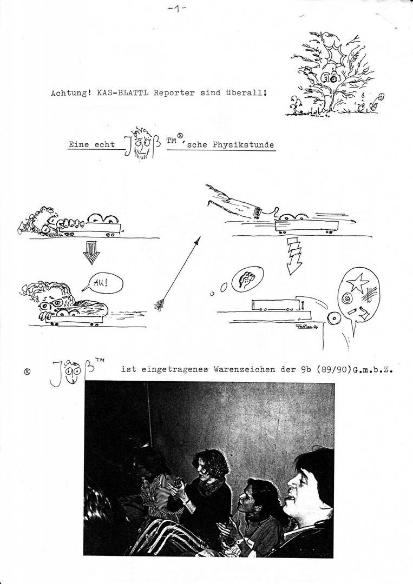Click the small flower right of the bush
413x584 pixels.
[x=381, y=97]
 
